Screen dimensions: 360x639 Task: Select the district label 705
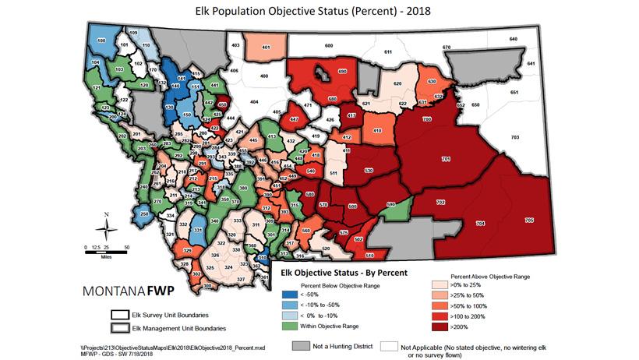point(530,221)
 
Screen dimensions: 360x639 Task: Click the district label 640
point(513,39)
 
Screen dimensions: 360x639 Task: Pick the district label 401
point(266,48)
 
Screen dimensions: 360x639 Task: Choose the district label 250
point(144,214)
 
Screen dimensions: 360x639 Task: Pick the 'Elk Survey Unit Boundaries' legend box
point(121,316)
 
